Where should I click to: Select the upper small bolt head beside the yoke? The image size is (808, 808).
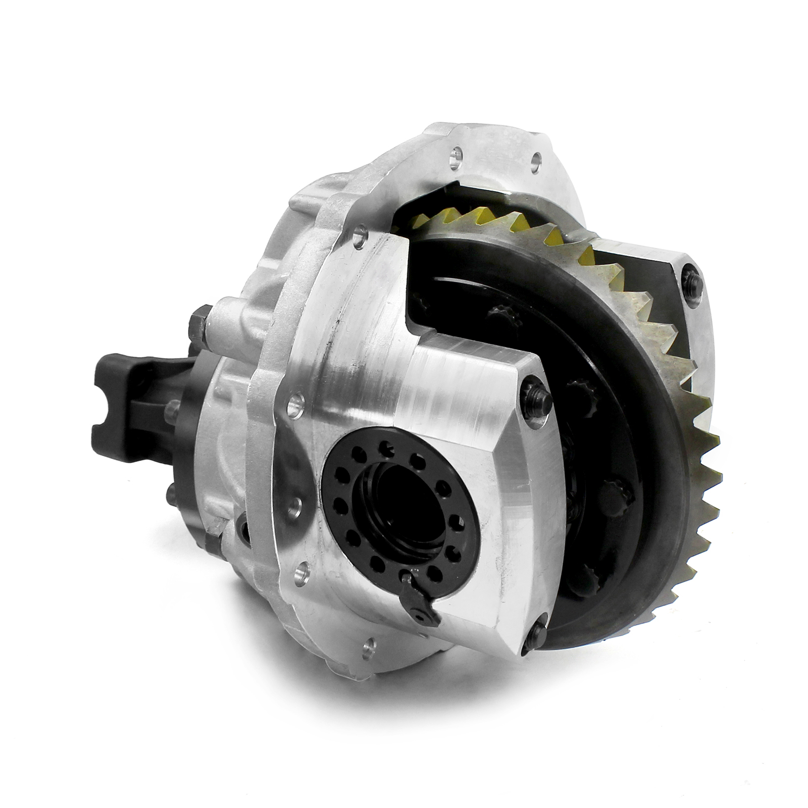(x=172, y=410)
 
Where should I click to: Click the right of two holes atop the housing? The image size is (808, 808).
(x=536, y=161)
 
